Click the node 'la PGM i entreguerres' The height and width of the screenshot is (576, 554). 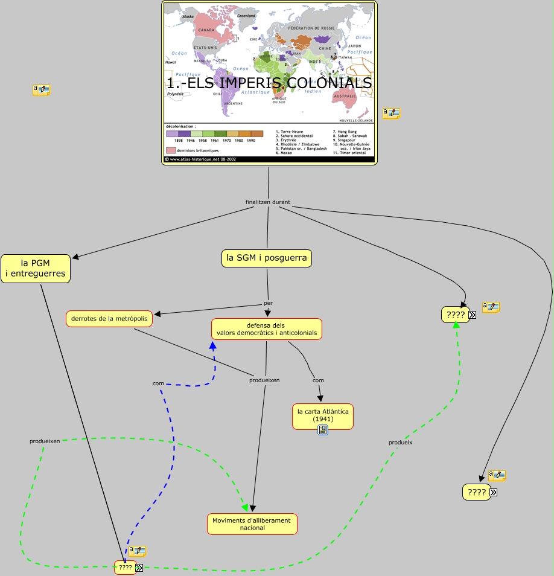(35, 268)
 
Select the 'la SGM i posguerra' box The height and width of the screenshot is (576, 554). (266, 258)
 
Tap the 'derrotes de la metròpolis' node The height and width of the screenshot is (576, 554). (109, 318)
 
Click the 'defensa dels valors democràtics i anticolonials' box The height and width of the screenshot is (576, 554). (266, 329)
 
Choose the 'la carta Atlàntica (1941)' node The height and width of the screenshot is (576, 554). (322, 415)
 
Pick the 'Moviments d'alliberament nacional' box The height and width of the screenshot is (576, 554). (252, 523)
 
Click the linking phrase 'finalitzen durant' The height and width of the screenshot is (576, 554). (268, 202)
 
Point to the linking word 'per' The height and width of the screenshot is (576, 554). (269, 302)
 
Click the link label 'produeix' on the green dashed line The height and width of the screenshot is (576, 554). (400, 442)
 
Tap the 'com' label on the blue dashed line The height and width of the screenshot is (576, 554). (158, 383)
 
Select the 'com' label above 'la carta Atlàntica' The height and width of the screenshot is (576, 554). (318, 380)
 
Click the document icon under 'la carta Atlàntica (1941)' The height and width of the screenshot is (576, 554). (323, 430)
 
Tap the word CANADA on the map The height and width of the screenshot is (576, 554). (207, 30)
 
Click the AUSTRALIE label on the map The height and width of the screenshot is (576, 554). (345, 96)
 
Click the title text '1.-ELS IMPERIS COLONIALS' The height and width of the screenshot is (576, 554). (269, 83)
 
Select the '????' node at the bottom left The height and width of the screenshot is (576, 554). (125, 567)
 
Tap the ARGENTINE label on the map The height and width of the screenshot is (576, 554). (233, 103)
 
